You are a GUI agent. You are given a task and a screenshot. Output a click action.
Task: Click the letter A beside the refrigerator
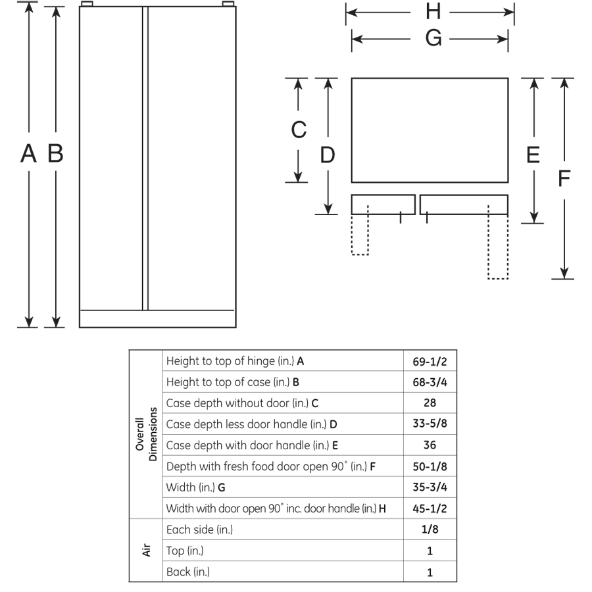28,154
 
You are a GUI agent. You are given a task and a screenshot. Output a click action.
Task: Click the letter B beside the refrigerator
56,154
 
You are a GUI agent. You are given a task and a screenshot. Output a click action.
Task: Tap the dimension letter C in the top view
299,130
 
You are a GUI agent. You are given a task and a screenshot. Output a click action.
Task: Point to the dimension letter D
328,155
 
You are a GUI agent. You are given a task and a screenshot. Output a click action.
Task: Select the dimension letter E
533,155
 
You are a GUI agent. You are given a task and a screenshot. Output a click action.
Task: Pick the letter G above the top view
433,39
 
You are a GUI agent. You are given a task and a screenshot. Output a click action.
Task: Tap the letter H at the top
433,11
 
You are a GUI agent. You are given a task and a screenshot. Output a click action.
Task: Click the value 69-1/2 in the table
430,361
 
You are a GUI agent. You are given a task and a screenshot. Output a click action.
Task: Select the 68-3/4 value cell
430,382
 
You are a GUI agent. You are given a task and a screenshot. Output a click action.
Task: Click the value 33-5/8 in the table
430,424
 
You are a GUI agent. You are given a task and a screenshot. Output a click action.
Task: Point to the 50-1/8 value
430,466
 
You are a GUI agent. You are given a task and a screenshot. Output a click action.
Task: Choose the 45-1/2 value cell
430,508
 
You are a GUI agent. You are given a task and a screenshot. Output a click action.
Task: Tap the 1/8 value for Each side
430,530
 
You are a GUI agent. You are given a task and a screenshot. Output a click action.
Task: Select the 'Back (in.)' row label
188,572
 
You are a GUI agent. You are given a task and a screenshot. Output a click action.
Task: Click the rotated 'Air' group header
147,550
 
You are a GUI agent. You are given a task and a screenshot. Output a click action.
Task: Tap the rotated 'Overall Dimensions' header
145,434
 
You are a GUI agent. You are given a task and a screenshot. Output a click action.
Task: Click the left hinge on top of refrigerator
86,5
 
